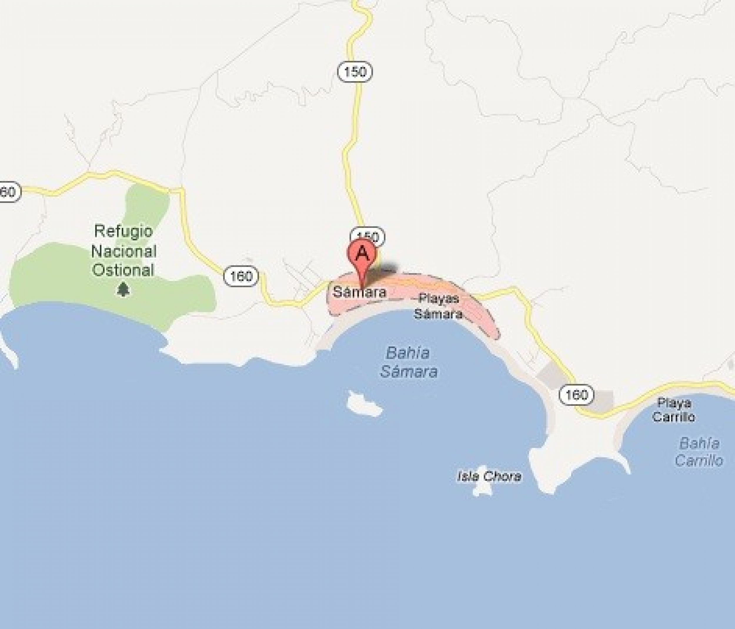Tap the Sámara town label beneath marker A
point(359,292)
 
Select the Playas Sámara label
point(438,306)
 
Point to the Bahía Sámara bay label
point(408,362)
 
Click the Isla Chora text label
point(490,476)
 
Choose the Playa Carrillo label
point(674,410)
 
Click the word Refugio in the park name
point(123,231)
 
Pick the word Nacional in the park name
point(123,251)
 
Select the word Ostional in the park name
point(123,270)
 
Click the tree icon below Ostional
point(123,289)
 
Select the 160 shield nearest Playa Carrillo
point(576,394)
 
